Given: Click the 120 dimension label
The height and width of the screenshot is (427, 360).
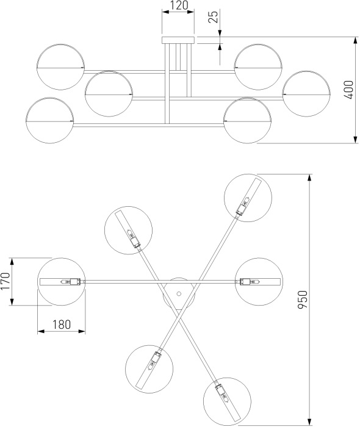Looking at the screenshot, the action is [x=179, y=5].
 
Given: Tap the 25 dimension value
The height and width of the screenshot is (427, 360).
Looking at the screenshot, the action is [x=213, y=17].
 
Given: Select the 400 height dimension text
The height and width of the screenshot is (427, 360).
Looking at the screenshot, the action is [x=349, y=90].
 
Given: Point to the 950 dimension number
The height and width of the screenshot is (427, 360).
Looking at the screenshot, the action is [x=303, y=300].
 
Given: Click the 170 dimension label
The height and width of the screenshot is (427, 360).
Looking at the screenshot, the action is [x=5, y=282].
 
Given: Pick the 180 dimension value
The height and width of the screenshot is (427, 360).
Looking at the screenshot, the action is [x=62, y=325].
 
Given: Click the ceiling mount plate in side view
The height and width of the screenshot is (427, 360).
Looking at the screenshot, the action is [x=178, y=40].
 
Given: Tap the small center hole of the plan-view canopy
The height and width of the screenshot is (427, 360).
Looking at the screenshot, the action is [x=179, y=293].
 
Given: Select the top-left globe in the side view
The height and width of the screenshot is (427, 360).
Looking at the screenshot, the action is [x=61, y=66].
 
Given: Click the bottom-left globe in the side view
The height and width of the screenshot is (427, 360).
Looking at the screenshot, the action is [x=50, y=120].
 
